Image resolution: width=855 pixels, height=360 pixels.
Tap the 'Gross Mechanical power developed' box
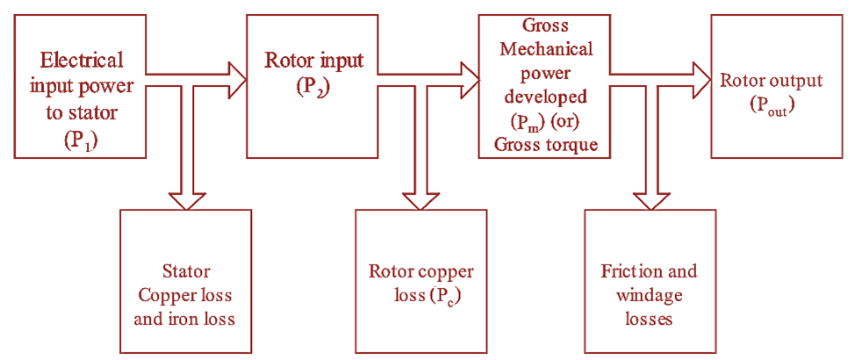(x=543, y=85)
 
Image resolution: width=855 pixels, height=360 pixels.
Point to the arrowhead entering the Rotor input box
(x=236, y=78)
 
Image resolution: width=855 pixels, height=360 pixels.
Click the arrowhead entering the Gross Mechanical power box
(x=469, y=78)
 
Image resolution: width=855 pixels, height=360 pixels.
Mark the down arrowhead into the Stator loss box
(x=185, y=202)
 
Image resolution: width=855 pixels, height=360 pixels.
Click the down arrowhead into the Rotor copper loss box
(x=419, y=202)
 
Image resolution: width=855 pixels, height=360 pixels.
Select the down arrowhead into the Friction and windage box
(x=650, y=202)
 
